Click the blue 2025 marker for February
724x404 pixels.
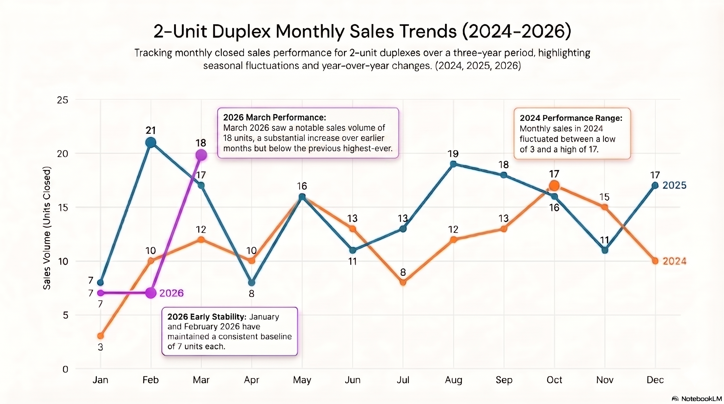(151, 143)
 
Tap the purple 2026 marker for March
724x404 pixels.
(201, 155)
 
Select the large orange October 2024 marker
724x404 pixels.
(554, 185)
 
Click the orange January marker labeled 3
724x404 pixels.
(100, 336)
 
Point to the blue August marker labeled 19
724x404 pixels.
(453, 164)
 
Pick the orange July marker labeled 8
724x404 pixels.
(403, 282)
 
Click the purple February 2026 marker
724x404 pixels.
(151, 293)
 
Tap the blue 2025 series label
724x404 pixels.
(674, 185)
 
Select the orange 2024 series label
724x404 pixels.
(674, 261)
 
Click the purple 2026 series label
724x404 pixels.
(171, 293)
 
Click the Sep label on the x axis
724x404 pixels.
(504, 380)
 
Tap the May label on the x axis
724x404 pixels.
(302, 380)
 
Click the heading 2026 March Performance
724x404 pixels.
(274, 117)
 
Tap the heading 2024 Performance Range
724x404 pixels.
(571, 118)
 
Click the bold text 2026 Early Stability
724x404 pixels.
(207, 317)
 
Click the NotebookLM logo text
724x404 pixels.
(701, 399)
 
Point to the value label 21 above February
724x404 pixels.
(151, 130)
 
